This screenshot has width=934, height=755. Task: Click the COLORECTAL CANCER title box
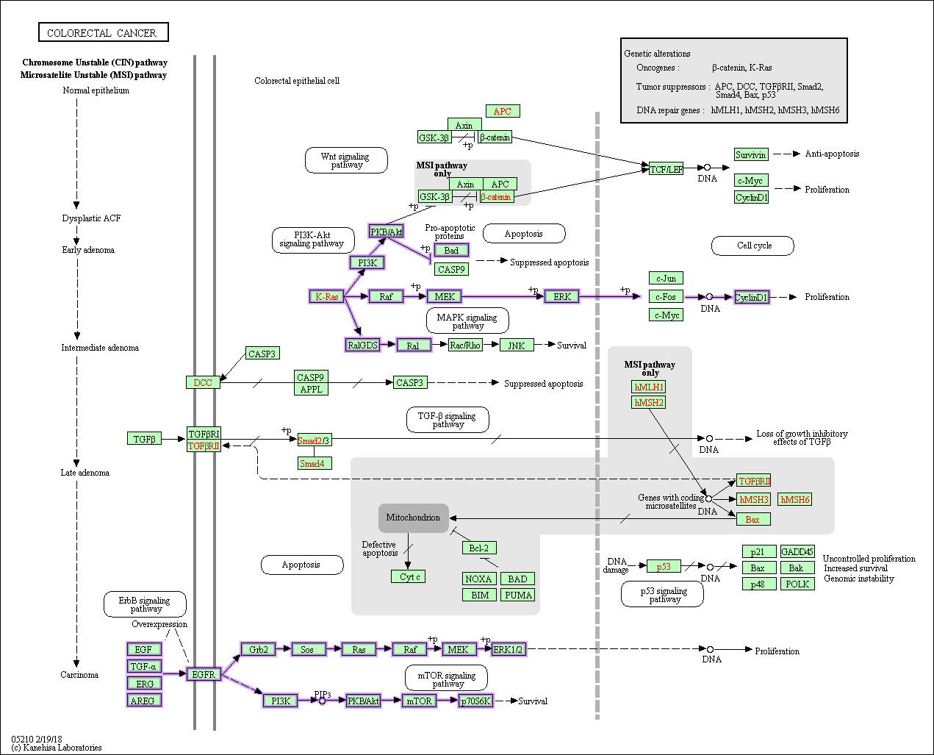(103, 32)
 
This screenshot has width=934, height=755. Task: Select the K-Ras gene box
(326, 296)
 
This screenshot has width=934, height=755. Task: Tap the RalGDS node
(362, 345)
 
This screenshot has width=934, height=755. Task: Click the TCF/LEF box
(666, 169)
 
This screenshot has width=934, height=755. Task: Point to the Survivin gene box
(750, 154)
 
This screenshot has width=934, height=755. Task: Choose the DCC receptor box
(203, 382)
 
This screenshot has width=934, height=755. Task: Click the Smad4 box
(315, 463)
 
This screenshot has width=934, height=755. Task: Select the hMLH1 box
(649, 387)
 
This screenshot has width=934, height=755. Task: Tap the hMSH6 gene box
(794, 499)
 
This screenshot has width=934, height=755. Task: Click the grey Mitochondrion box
(413, 518)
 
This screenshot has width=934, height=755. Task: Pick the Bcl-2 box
(479, 548)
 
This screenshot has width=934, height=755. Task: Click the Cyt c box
(409, 577)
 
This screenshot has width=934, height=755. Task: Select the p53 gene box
(664, 566)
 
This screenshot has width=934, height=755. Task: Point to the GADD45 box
(797, 551)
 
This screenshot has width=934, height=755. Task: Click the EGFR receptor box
(204, 674)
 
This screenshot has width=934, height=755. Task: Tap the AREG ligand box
(143, 701)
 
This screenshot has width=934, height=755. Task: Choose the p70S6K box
(475, 701)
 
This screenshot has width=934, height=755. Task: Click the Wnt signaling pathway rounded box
(346, 160)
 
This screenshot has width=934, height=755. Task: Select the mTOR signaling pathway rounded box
(446, 679)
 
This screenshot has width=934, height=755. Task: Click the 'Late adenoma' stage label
(85, 473)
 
